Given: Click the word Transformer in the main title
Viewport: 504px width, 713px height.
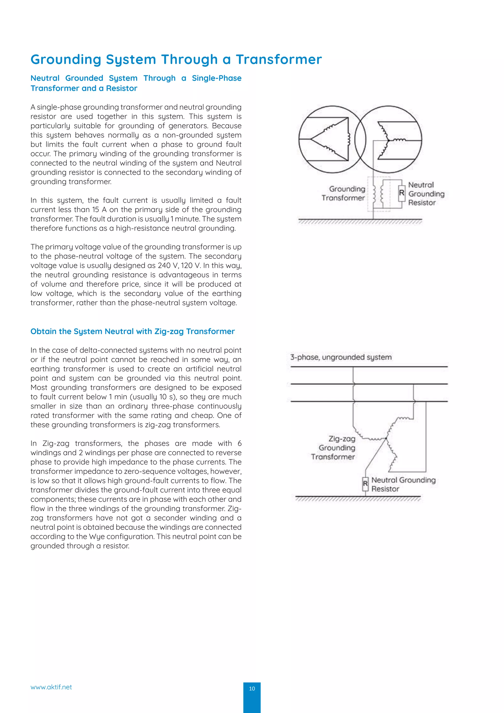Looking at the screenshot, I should click(279, 59).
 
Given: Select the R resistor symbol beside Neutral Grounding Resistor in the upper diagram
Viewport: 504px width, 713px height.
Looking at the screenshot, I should click(402, 193).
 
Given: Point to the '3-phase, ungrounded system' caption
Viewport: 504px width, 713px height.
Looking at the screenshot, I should click(341, 357).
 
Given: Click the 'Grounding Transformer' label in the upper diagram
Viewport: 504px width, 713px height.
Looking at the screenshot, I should click(344, 194).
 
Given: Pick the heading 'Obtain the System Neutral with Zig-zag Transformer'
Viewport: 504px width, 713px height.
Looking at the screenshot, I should click(132, 331).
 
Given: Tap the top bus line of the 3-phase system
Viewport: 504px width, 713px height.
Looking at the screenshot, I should click(369, 367).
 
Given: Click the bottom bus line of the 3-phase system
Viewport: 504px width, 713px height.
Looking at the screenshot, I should click(369, 402).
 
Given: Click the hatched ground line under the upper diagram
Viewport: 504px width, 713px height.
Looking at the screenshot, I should click(360, 221).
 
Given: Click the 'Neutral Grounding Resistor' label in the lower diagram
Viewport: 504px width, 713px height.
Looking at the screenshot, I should click(403, 485).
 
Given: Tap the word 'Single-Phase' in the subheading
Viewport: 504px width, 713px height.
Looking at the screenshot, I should click(217, 78).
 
